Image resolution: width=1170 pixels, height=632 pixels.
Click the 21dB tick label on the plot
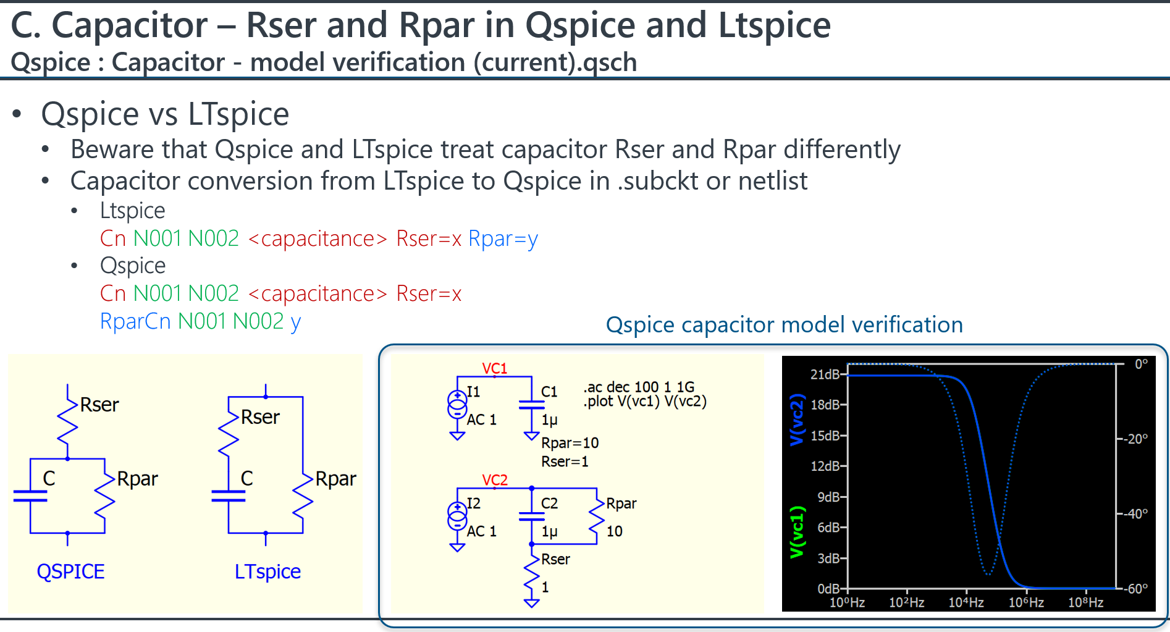[825, 374]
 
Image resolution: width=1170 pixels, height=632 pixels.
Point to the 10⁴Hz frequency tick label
[966, 602]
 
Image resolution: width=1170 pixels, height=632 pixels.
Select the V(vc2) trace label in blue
[798, 419]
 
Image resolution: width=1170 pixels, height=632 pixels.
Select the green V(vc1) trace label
[798, 532]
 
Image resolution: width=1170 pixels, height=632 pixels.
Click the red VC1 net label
[495, 368]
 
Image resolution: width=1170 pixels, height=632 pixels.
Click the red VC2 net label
[495, 480]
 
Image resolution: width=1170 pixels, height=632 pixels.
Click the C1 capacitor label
[549, 392]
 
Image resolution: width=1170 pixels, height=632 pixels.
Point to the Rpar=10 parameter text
[570, 443]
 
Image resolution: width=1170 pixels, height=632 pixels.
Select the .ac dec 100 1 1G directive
[639, 387]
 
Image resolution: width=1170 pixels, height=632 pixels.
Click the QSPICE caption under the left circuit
[70, 571]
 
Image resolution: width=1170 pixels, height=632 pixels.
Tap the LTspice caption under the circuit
[267, 571]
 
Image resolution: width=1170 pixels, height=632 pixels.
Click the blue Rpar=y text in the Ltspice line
[503, 238]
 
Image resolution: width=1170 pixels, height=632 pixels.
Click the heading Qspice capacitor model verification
[785, 325]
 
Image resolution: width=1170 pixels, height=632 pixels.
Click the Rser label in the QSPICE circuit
[99, 405]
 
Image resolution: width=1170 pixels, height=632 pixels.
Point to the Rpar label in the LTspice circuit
[335, 479]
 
